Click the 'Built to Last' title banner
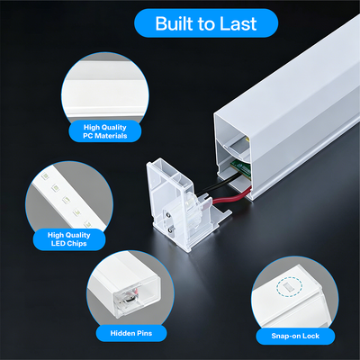pyautogui.click(x=206, y=23)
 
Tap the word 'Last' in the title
pyautogui.click(x=238, y=23)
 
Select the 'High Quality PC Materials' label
pyautogui.click(x=105, y=131)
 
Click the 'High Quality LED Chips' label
pyautogui.click(x=69, y=239)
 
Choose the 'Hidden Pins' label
pyautogui.click(x=131, y=333)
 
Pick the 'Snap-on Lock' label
pyautogui.click(x=295, y=336)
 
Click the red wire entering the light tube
pyautogui.click(x=231, y=197)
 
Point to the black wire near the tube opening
pyautogui.click(x=218, y=184)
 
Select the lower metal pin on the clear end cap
pyautogui.click(x=171, y=229)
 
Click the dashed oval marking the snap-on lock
pyautogui.click(x=289, y=287)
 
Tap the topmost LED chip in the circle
pyautogui.click(x=45, y=176)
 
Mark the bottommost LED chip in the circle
pyautogui.click(x=87, y=224)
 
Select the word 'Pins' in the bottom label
pyautogui.click(x=145, y=333)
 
